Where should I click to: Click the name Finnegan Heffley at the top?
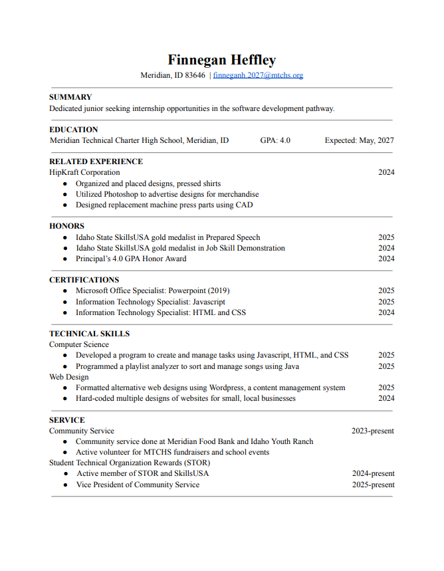pyautogui.click(x=221, y=60)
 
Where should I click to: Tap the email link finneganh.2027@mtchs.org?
pyautogui.click(x=258, y=75)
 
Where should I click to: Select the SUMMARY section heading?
pyautogui.click(x=70, y=97)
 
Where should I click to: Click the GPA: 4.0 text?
pyautogui.click(x=275, y=140)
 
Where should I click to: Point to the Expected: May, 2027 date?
pyautogui.click(x=359, y=140)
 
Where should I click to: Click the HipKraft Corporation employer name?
pyautogui.click(x=84, y=172)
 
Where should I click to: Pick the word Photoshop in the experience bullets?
pyautogui.click(x=122, y=194)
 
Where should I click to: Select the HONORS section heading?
pyautogui.click(x=66, y=226)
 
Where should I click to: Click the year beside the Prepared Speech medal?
pyautogui.click(x=386, y=237)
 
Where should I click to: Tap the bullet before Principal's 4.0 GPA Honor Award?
pyautogui.click(x=64, y=259)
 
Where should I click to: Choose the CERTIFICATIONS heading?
pyautogui.click(x=84, y=280)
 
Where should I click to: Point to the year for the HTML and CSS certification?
pyautogui.click(x=386, y=312)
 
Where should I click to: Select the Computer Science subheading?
pyautogui.click(x=79, y=344)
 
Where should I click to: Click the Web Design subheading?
pyautogui.click(x=68, y=377)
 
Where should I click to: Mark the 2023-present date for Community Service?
pyautogui.click(x=372, y=431)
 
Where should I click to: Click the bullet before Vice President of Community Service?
pyautogui.click(x=64, y=485)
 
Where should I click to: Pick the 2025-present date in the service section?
pyautogui.click(x=373, y=485)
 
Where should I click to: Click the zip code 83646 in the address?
pyautogui.click(x=195, y=75)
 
